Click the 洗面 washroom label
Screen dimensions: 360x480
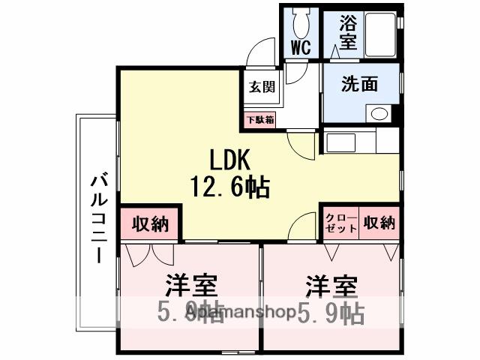click(359, 84)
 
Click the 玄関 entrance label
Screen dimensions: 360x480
click(261, 85)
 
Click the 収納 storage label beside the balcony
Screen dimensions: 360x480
click(150, 223)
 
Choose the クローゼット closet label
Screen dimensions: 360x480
click(340, 223)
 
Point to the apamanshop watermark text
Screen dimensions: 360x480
click(240, 312)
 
